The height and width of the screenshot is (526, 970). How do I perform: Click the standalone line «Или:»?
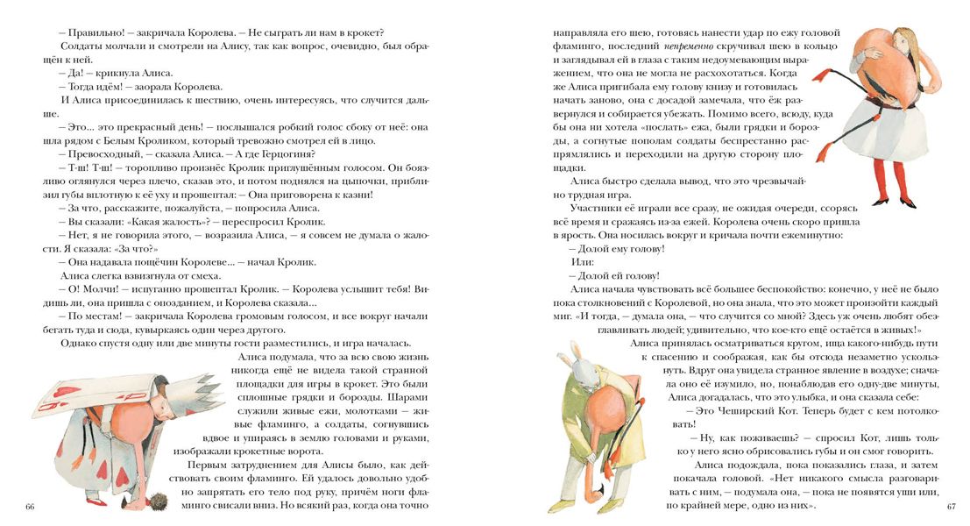[x=582, y=262]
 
